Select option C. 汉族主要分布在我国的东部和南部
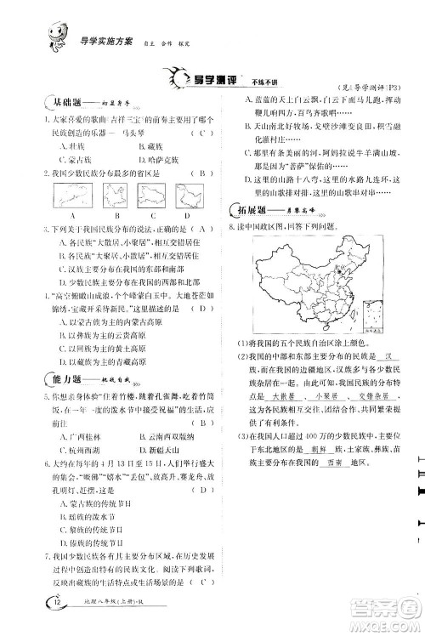(x=106, y=268)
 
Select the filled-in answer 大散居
(x=269, y=395)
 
